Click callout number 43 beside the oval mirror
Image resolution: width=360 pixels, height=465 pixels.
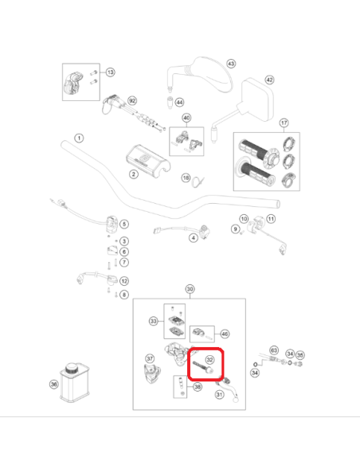231,64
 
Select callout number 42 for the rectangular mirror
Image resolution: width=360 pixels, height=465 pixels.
269,80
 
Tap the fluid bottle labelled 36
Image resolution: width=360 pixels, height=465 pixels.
74,383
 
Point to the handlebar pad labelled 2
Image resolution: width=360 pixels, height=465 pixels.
147,159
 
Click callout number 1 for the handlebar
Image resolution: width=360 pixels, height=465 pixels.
79,139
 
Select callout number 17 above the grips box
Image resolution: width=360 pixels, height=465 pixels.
284,123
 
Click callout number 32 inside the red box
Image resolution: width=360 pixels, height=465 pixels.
209,360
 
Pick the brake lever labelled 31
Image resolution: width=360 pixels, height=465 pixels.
229,388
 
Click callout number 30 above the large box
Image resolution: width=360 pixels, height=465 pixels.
190,289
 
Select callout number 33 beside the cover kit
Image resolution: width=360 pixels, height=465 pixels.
153,321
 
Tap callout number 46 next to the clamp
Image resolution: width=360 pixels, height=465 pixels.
225,334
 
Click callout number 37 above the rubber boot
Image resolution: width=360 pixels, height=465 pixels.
150,358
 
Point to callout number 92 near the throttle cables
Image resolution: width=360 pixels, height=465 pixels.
132,101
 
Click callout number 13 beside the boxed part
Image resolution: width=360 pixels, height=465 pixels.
111,72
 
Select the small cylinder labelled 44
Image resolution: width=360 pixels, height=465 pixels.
170,103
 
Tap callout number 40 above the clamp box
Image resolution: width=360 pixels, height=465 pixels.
186,118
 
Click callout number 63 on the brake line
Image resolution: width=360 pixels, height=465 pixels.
274,350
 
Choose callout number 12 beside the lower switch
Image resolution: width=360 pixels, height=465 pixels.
124,281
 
